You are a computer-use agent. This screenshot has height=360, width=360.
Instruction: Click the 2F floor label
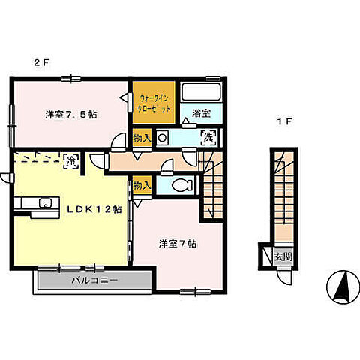click(x=40, y=64)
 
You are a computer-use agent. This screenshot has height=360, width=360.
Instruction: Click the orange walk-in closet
click(x=156, y=103)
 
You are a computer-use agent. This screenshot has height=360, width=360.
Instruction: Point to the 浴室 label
click(x=200, y=113)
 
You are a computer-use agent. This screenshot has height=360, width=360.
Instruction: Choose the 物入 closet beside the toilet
click(x=142, y=184)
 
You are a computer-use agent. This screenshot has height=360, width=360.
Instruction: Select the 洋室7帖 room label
click(x=178, y=244)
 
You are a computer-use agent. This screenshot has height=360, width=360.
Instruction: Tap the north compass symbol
click(x=338, y=285)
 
